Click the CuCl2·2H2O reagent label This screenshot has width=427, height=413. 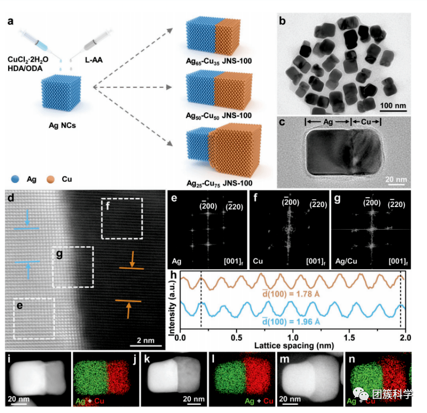[x=28, y=59]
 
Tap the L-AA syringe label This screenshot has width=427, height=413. [x=94, y=60]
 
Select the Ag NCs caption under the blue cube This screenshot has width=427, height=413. [x=62, y=125]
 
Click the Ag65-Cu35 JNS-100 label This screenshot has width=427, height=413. [x=219, y=62]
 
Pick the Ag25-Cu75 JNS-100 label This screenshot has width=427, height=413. [x=220, y=183]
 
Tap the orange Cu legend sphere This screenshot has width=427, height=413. [x=50, y=179]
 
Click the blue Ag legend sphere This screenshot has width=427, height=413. [x=15, y=179]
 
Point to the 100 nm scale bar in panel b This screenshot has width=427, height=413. [x=393, y=110]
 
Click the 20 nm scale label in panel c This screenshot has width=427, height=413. [x=396, y=179]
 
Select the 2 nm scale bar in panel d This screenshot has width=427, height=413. [x=146, y=346]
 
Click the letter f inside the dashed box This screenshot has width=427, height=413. [x=108, y=206]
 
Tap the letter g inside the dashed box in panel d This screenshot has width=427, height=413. [x=59, y=254]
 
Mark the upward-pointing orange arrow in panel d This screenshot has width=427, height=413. [x=129, y=310]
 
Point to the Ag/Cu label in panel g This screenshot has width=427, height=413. [x=346, y=261]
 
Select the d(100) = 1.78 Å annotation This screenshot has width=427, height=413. [x=291, y=294]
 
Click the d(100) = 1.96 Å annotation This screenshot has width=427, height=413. [x=291, y=322]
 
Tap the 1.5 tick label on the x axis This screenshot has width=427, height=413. [x=349, y=337]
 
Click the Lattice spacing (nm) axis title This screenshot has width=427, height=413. [x=294, y=346]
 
